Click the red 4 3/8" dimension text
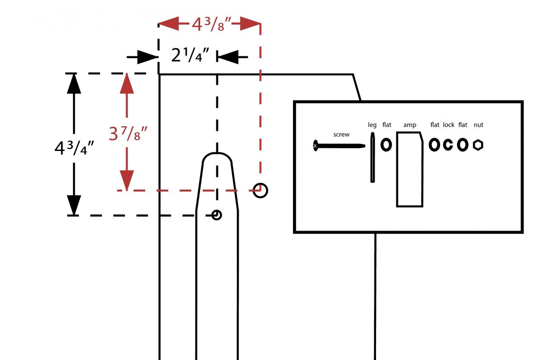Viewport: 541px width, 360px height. pos(211,24)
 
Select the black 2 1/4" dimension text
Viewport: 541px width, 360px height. pos(190,55)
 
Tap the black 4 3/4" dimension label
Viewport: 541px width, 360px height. pos(74,148)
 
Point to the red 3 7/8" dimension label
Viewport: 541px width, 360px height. pos(128,133)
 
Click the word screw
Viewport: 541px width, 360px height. pos(341,134)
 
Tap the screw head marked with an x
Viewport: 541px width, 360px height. pos(315,146)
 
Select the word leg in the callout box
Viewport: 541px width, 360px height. pos(372,125)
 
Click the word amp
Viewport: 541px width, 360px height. pos(410,125)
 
